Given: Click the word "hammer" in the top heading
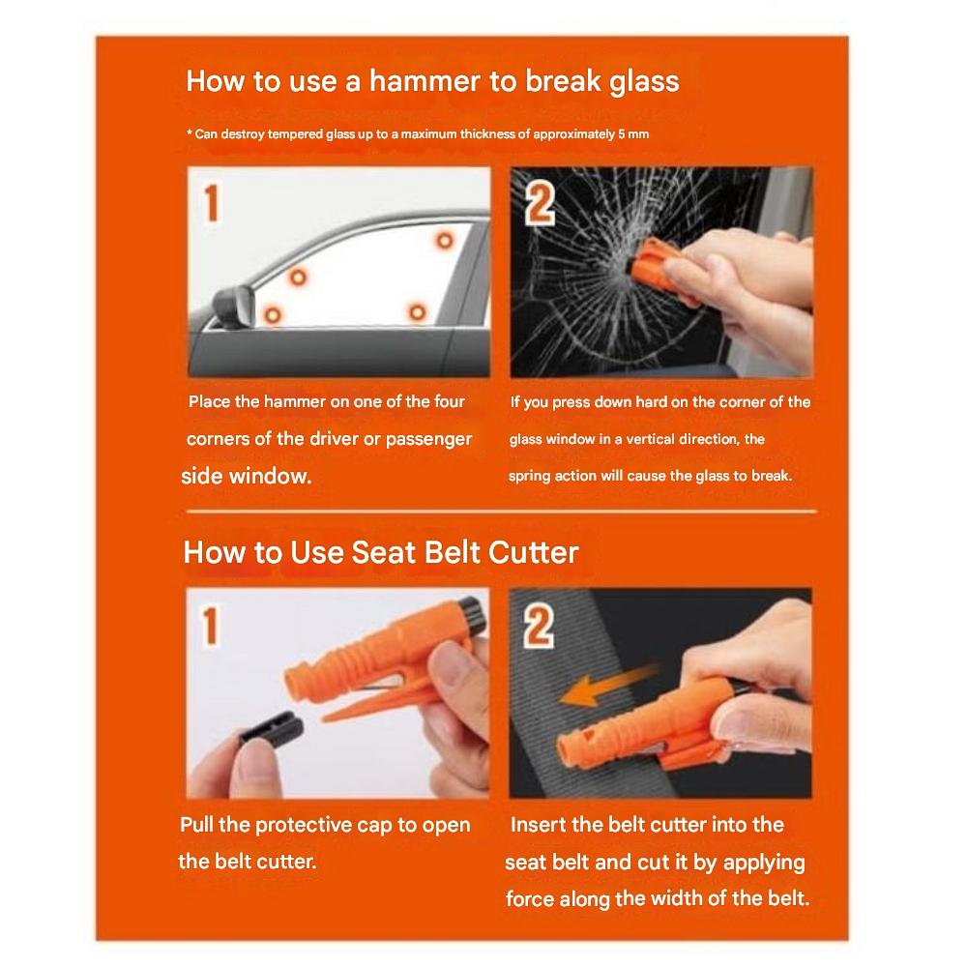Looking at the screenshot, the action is click(425, 81).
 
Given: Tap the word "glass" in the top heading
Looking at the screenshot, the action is click(644, 82).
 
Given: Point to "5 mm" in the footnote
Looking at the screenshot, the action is click(633, 133).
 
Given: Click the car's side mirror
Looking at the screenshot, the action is click(234, 307).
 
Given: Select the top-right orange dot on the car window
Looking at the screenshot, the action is click(444, 240).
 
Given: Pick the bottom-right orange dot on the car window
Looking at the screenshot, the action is click(418, 312).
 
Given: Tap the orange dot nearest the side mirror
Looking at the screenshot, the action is click(272, 315).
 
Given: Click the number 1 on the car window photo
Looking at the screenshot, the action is click(212, 203).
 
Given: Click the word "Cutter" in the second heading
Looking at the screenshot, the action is click(534, 552).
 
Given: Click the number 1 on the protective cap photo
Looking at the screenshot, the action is click(210, 626).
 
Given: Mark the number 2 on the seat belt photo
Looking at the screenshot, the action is click(539, 627).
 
